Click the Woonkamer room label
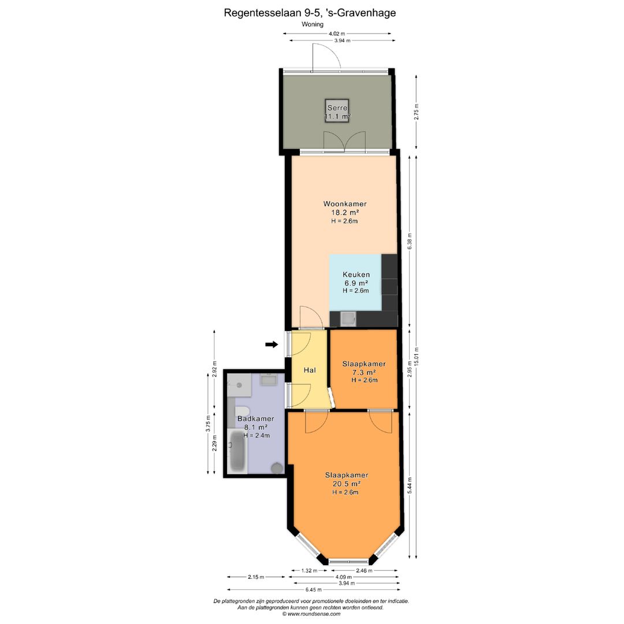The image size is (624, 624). click(344, 204)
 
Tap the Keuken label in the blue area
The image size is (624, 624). click(356, 274)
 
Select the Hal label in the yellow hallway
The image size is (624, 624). click(310, 370)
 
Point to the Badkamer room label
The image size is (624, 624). click(255, 419)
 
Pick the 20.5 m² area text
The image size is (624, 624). click(347, 484)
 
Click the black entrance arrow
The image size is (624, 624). click(272, 344)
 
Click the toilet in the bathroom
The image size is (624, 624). click(242, 412)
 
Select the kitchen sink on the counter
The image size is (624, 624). click(348, 319)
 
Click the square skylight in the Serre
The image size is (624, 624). click(337, 110)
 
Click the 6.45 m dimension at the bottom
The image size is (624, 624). click(314, 590)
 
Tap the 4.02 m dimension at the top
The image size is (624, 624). click(337, 34)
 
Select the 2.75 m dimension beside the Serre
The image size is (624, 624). click(417, 112)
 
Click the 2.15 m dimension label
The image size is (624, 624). click(255, 577)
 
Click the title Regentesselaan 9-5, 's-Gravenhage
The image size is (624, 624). click(310, 13)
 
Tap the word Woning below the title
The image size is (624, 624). click(313, 24)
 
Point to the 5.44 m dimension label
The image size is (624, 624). click(410, 485)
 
